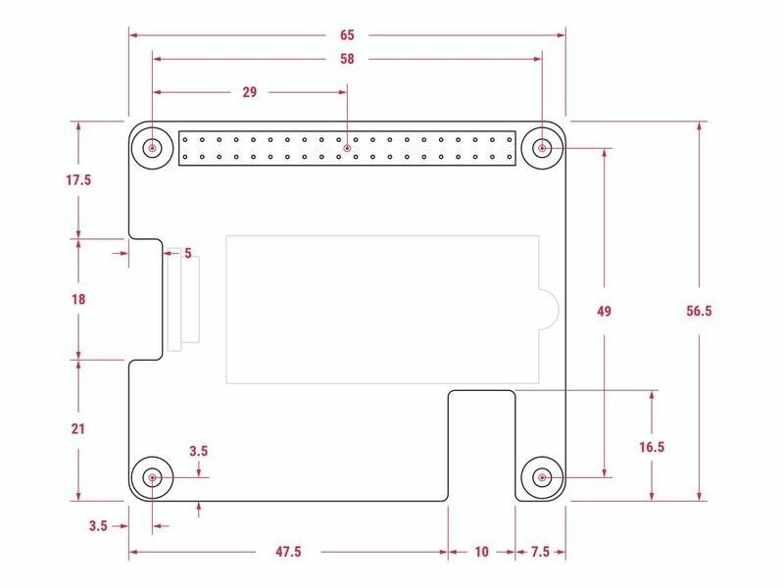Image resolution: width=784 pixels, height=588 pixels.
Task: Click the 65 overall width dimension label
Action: (x=347, y=35)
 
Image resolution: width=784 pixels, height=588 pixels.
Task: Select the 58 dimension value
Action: (x=347, y=59)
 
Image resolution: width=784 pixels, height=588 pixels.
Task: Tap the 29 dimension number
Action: (x=250, y=92)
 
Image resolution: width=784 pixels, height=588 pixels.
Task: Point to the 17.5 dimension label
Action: (x=78, y=180)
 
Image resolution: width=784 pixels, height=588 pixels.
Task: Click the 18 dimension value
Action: (x=78, y=300)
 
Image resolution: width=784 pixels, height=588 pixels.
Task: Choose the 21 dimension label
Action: (x=78, y=429)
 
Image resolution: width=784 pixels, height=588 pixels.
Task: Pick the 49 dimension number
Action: (x=604, y=311)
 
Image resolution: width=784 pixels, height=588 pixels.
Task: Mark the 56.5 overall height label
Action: (x=699, y=311)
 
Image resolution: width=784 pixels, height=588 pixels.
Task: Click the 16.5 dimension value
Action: (x=652, y=447)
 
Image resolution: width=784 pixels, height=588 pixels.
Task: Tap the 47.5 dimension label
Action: (x=288, y=552)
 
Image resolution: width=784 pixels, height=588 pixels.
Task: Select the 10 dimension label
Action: (x=481, y=552)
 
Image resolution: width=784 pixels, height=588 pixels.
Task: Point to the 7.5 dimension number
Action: (x=540, y=552)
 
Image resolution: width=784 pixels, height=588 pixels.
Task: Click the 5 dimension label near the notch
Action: (x=188, y=253)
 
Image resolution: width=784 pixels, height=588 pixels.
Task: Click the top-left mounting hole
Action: (x=152, y=148)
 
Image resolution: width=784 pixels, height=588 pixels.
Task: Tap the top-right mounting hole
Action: (x=542, y=148)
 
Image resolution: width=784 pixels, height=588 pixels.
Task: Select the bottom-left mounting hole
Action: (x=152, y=477)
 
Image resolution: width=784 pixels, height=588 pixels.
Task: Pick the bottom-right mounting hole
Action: (x=542, y=477)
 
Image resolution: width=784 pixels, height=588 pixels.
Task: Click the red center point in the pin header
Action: (x=347, y=149)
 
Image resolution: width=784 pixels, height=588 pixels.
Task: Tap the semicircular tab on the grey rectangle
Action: (x=549, y=309)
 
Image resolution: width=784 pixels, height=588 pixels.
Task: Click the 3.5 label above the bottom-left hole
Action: (x=199, y=451)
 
